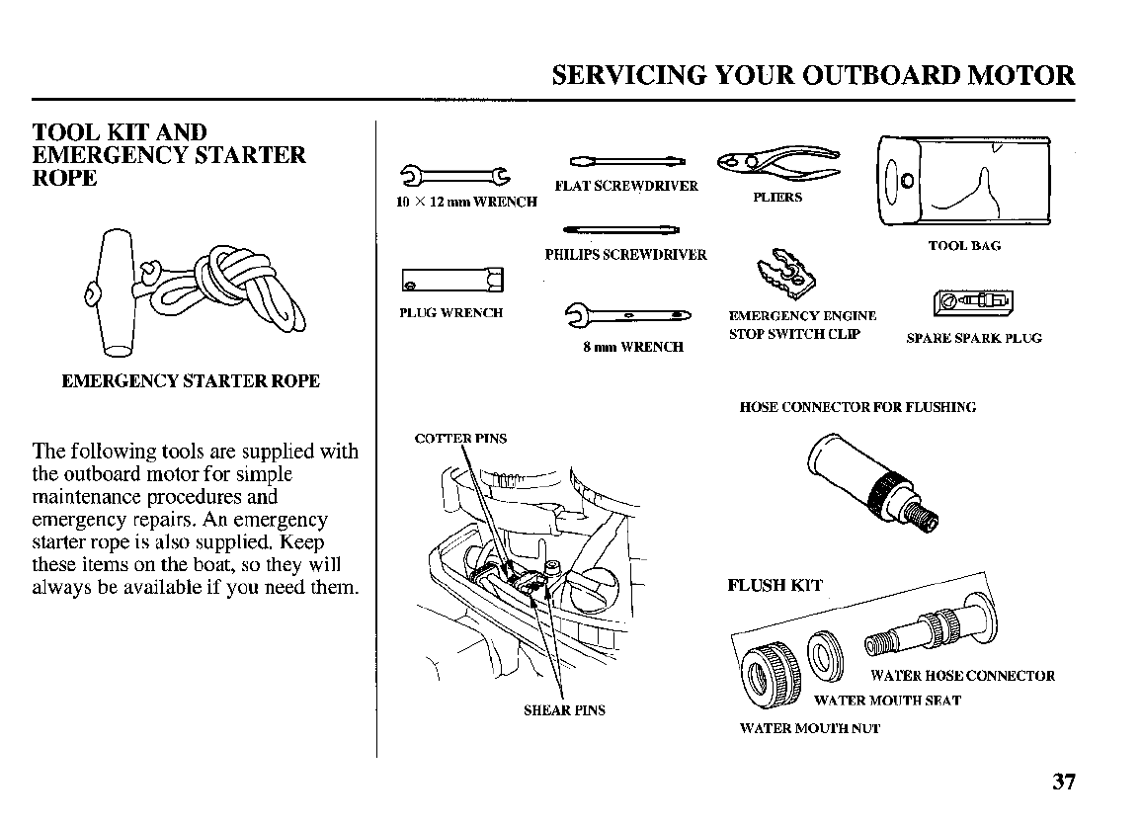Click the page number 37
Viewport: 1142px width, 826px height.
(x=1063, y=782)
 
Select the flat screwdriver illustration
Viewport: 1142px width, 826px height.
(x=626, y=161)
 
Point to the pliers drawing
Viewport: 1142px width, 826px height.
(x=778, y=162)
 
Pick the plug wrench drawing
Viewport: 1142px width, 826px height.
(x=451, y=282)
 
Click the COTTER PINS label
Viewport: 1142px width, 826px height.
(x=461, y=438)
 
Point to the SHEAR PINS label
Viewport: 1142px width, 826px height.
(x=564, y=709)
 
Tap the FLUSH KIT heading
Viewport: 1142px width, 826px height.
(x=775, y=585)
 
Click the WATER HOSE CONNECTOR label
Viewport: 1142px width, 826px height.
(x=962, y=676)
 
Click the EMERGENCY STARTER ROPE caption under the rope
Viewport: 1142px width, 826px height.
(x=191, y=381)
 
